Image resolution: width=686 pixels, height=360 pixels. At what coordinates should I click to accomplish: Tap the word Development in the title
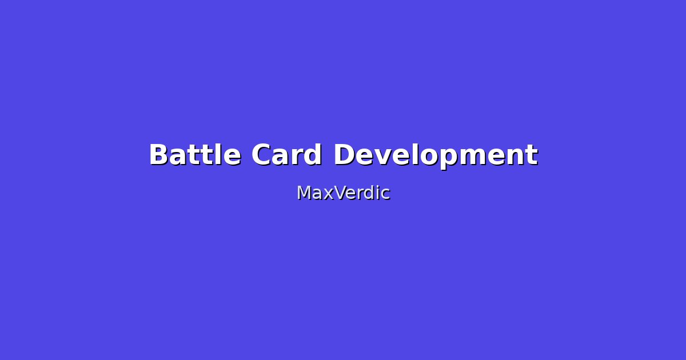435,155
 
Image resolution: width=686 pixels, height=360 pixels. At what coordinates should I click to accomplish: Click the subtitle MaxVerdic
343,193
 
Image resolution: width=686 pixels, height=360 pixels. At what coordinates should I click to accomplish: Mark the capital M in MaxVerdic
303,193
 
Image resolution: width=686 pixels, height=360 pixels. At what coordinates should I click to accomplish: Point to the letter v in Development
382,157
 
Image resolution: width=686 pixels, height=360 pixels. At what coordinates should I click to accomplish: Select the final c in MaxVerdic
385,194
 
